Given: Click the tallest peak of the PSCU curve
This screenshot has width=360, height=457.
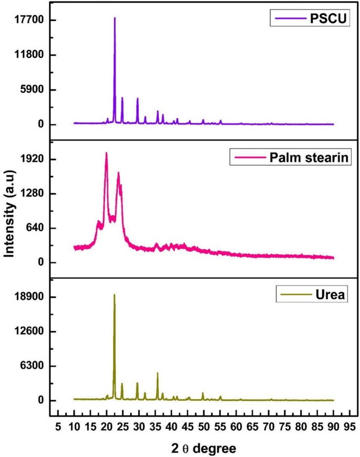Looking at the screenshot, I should click(x=115, y=18).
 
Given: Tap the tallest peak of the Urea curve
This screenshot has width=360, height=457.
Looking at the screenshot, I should click(x=114, y=295).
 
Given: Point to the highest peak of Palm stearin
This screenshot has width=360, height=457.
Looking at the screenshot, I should click(x=106, y=153).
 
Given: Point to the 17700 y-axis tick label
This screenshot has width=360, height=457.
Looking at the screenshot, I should click(x=30, y=20).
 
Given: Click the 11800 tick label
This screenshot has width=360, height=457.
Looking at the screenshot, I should click(x=30, y=55).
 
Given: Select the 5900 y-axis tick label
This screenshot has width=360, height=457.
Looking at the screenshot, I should click(x=33, y=90).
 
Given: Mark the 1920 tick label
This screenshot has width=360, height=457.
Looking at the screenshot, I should click(x=33, y=159).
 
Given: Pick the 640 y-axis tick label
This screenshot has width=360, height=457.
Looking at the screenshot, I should click(x=36, y=228).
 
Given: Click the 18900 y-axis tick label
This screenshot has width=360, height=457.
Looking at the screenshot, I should click(x=30, y=297).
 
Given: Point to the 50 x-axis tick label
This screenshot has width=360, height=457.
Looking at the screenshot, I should click(x=203, y=425).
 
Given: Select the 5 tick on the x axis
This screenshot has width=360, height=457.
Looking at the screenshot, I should click(x=58, y=425).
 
